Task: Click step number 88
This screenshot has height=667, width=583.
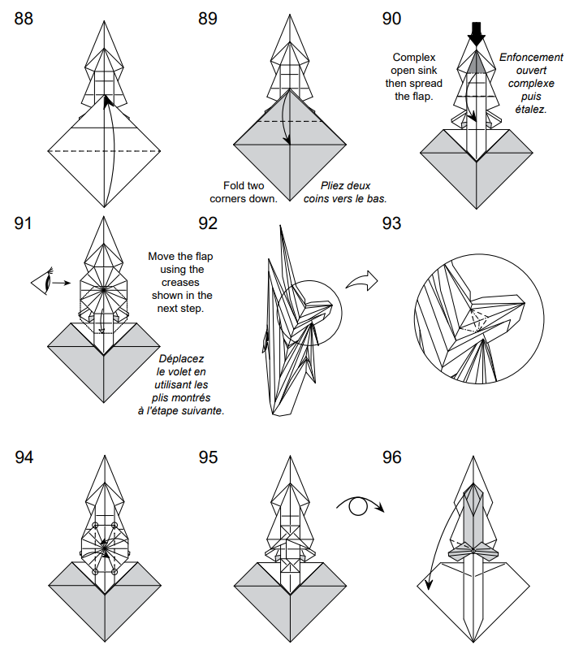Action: pos(24,19)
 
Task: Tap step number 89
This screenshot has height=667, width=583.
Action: pos(208,19)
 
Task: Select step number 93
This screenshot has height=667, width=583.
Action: pos(391,223)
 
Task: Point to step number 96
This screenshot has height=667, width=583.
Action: pos(391,457)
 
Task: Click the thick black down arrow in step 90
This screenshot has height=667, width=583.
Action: pos(477,33)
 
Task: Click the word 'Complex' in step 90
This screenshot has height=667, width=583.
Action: pos(414,57)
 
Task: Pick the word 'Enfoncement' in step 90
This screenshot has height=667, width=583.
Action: pos(531,58)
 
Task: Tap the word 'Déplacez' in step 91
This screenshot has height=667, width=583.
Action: pos(181,358)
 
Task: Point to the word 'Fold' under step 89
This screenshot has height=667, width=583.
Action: pos(235,185)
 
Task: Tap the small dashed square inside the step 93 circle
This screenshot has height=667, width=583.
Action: pos(477,320)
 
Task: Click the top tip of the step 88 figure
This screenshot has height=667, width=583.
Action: pos(103,15)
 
